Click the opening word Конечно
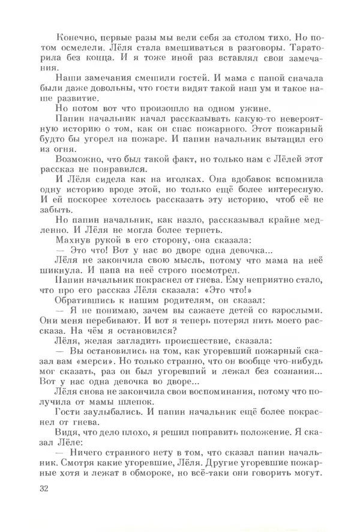tap(73, 37)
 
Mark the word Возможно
tap(77, 159)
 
